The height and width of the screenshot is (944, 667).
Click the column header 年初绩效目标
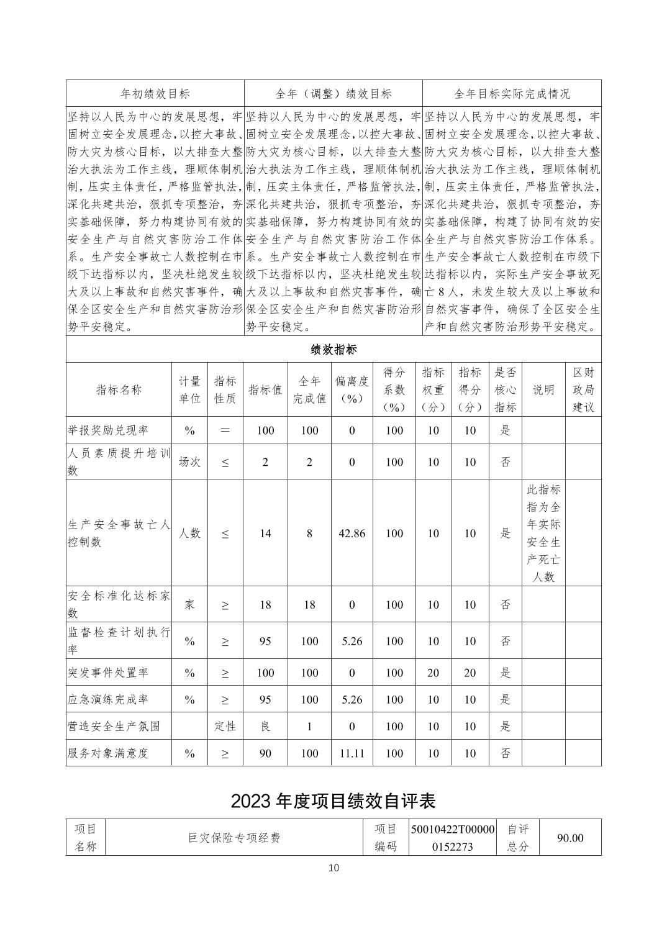pyautogui.click(x=155, y=94)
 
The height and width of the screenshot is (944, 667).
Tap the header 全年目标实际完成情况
pyautogui.click(x=512, y=94)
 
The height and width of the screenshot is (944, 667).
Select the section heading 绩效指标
pyautogui.click(x=333, y=350)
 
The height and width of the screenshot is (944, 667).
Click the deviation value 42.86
pyautogui.click(x=352, y=533)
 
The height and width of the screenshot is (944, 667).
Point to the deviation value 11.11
pyautogui.click(x=352, y=753)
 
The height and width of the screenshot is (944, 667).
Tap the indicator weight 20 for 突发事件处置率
pyautogui.click(x=433, y=673)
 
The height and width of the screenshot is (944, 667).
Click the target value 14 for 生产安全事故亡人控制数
pyautogui.click(x=265, y=533)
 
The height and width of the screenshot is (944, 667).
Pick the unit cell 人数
pyautogui.click(x=189, y=533)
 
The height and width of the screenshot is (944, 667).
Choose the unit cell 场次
pyautogui.click(x=189, y=461)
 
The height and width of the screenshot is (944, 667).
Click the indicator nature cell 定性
pyautogui.click(x=225, y=726)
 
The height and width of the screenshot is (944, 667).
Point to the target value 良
pyautogui.click(x=265, y=726)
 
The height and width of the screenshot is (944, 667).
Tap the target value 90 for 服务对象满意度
pyautogui.click(x=265, y=753)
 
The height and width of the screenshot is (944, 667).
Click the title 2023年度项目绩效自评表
pyautogui.click(x=333, y=801)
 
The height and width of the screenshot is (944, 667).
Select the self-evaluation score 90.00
pyautogui.click(x=569, y=838)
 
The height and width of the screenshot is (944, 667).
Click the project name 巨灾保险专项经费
pyautogui.click(x=234, y=838)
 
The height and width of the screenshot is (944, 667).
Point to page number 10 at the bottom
pyautogui.click(x=333, y=868)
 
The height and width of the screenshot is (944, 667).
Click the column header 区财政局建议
pyautogui.click(x=583, y=389)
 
